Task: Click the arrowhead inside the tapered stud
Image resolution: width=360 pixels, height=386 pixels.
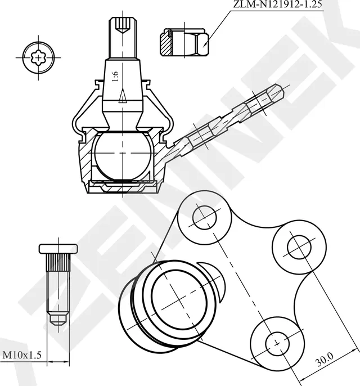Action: pos(122,99)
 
